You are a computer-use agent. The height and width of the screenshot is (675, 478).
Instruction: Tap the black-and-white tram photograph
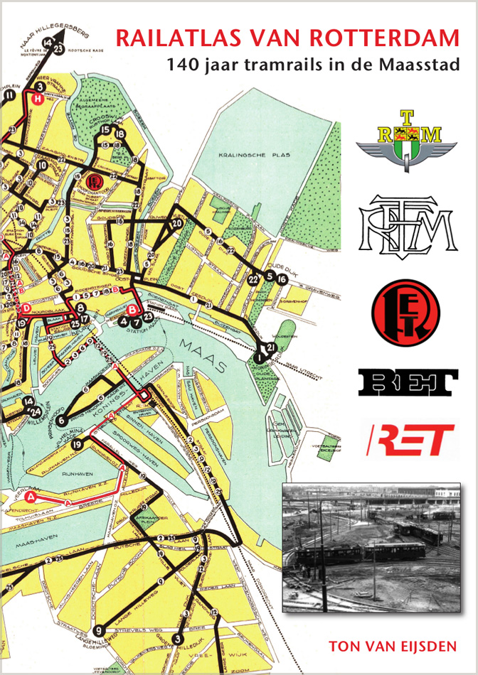pyautogui.click(x=371, y=546)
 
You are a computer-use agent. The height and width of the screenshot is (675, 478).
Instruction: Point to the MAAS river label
pyautogui.click(x=207, y=355)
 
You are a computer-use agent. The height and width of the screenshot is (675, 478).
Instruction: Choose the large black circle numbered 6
pyautogui.click(x=62, y=409)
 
